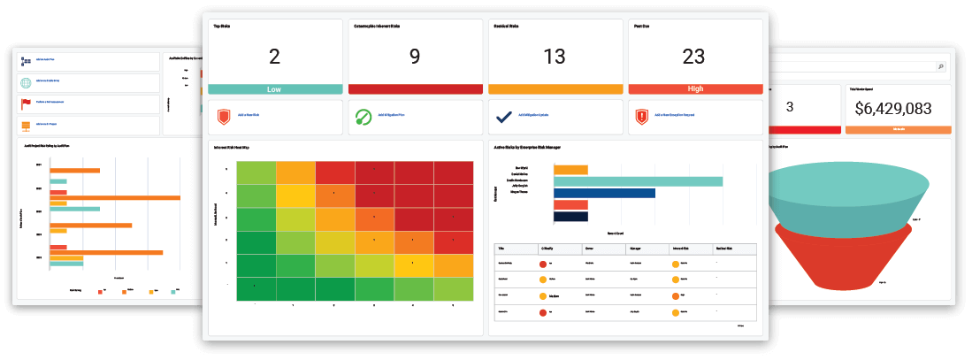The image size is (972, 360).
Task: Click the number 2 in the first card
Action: click(x=273, y=57)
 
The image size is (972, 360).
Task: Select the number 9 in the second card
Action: click(x=415, y=57)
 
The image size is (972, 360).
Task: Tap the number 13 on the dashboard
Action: click(x=555, y=57)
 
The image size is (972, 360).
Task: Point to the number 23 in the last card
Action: click(x=693, y=57)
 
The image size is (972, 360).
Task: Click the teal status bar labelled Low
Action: click(x=274, y=89)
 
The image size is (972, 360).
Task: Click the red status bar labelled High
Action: click(x=694, y=89)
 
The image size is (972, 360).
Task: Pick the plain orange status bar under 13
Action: click(x=555, y=89)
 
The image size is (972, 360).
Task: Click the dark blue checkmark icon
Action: click(x=503, y=116)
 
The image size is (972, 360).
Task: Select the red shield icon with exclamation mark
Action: click(x=642, y=117)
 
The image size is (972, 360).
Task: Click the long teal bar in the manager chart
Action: click(x=638, y=181)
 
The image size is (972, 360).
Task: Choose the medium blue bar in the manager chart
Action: click(x=604, y=193)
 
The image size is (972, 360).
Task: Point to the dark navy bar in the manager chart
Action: click(x=570, y=216)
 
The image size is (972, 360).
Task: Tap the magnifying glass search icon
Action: click(x=940, y=66)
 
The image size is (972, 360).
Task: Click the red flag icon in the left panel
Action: click(x=26, y=104)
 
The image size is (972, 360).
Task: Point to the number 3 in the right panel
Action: click(x=789, y=107)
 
